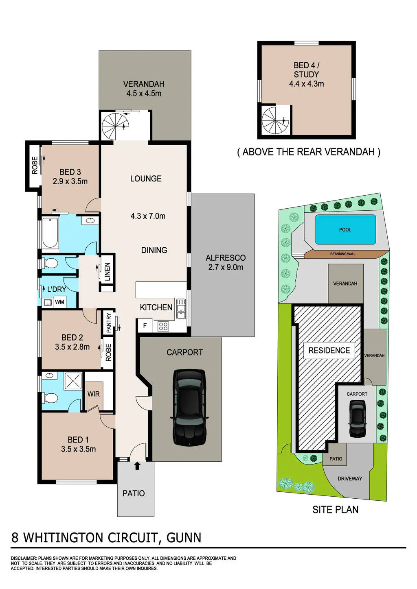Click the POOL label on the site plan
point(345,229)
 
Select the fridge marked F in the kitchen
point(145,326)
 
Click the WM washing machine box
point(60,302)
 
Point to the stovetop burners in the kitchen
point(163,326)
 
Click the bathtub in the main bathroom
point(50,232)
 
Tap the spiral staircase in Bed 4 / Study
point(276,121)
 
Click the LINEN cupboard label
point(108,272)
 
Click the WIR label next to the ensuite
point(93,394)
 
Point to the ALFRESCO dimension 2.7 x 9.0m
point(226,267)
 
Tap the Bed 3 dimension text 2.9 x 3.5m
point(70,181)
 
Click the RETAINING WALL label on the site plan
point(342,254)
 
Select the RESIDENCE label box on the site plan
point(329,351)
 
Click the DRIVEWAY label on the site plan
point(350,478)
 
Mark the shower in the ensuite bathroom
point(73,380)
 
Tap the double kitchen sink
point(181,309)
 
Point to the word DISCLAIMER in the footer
point(24,558)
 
